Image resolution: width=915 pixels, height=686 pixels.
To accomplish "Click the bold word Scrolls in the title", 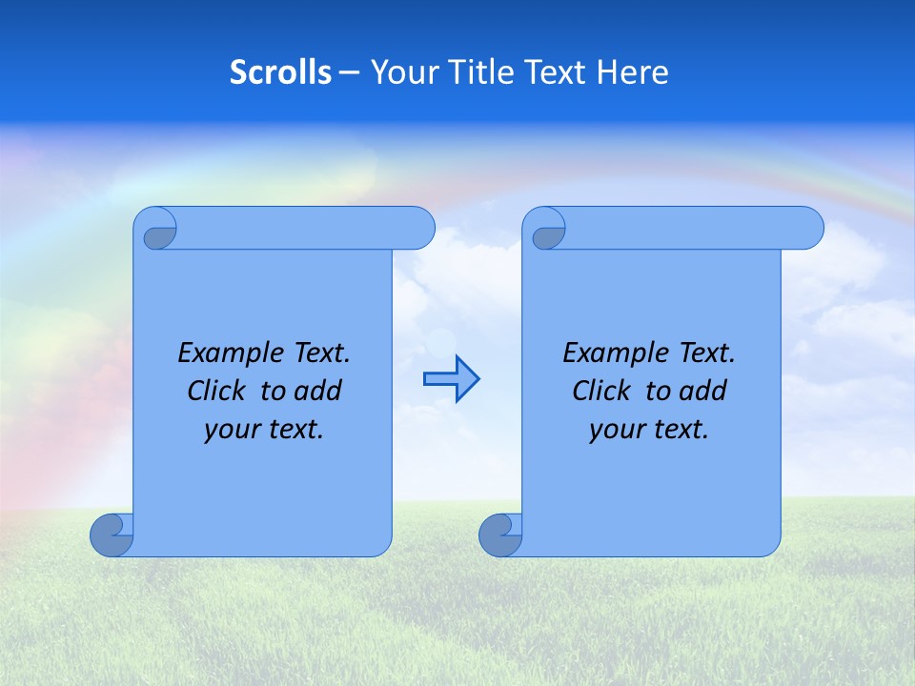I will coord(280,72).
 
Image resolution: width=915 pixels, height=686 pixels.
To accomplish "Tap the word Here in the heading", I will coord(633,72).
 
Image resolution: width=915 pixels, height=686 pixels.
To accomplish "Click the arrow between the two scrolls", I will coord(451,378).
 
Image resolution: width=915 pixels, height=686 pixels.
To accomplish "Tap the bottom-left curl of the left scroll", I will coord(111,535).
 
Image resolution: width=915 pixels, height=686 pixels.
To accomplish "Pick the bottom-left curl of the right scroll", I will coord(499,535).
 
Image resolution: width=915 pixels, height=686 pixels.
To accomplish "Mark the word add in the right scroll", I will coord(704,391).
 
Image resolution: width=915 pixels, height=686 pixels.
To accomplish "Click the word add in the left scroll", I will coord(319,391).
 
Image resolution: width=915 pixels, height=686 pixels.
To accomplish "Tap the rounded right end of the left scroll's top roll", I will coord(419,229).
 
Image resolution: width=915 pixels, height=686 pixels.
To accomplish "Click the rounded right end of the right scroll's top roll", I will coord(808,229).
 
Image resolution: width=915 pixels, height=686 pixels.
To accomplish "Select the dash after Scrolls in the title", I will coord(349,72).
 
